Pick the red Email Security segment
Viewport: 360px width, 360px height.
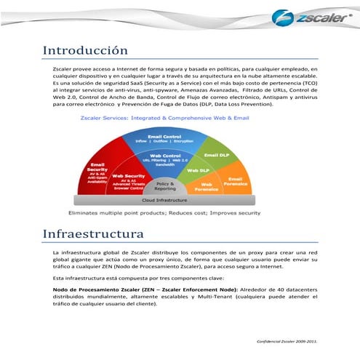[x=98, y=168]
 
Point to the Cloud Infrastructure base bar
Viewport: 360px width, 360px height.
[x=164, y=199]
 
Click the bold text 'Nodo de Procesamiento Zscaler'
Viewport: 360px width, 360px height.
[x=100, y=289]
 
